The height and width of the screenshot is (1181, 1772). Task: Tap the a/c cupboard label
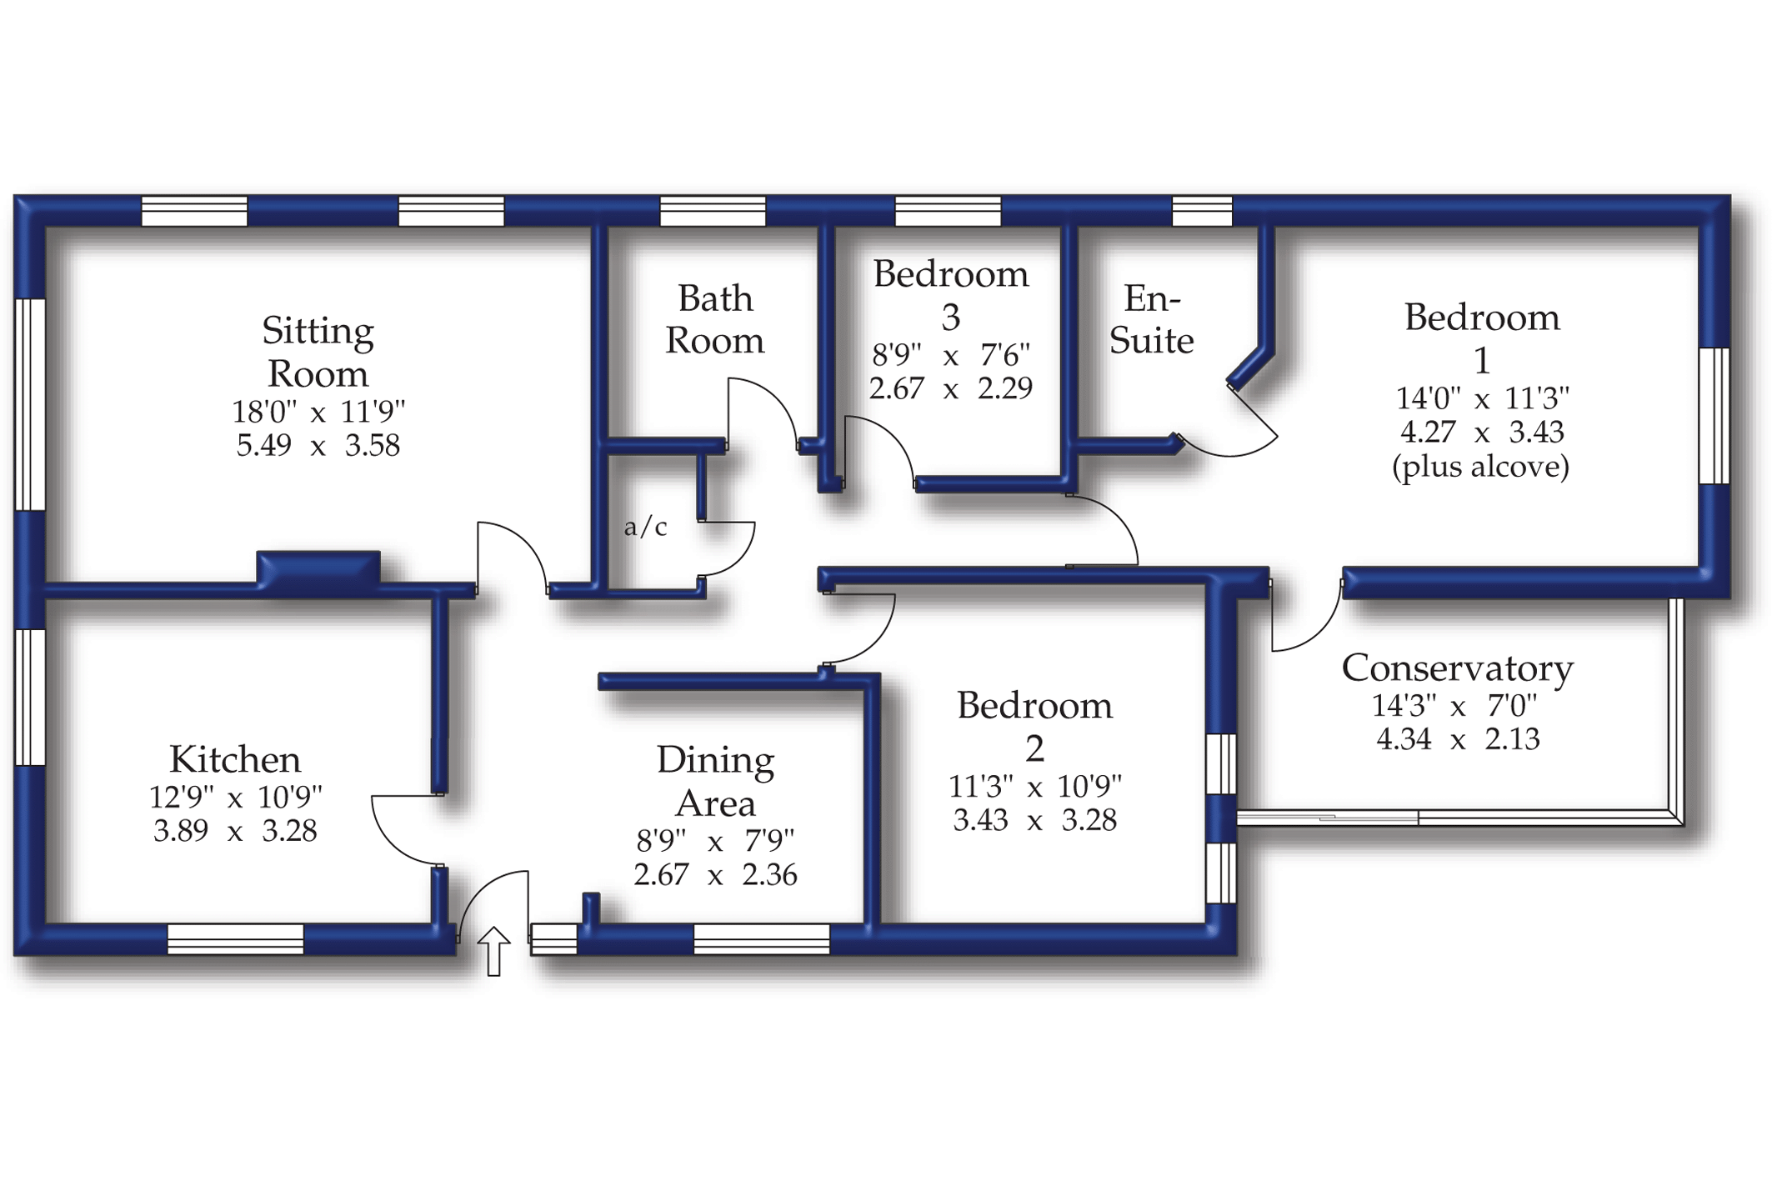point(645,527)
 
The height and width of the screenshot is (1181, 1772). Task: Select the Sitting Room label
point(318,352)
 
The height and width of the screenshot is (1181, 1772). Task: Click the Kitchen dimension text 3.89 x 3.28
point(235,831)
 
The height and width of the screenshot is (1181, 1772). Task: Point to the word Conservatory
point(1457,668)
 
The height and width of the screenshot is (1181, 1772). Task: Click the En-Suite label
point(1151,319)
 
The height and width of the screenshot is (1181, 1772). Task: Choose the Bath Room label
point(714,319)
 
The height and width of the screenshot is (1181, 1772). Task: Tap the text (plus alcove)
point(1480,467)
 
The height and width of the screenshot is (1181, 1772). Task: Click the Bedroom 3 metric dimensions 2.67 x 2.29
point(950,388)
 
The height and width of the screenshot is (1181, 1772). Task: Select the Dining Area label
point(715,781)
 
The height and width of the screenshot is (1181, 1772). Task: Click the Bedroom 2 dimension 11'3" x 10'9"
point(1034,786)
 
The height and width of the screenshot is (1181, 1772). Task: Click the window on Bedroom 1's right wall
point(1714,415)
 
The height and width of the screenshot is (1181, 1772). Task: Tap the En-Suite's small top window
point(1202,211)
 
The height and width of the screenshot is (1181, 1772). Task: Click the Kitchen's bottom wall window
point(236,939)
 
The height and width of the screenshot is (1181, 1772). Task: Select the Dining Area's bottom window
point(762,939)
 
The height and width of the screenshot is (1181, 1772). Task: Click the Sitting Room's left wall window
point(30,404)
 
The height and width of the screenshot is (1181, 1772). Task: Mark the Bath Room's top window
point(713,211)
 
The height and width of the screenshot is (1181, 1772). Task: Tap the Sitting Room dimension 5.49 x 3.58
point(318,446)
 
